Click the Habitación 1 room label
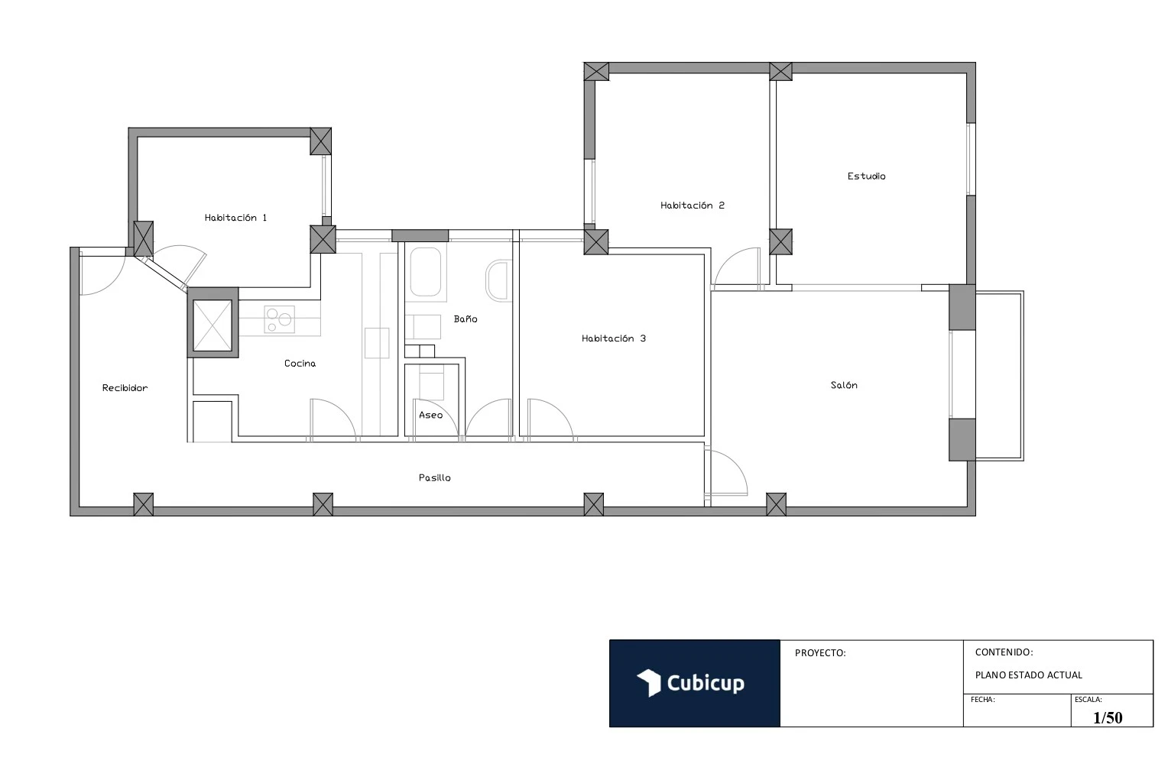click(235, 218)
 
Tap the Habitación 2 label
click(692, 205)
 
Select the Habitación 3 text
click(613, 338)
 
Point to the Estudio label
click(866, 176)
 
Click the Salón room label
click(844, 386)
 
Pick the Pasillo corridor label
click(434, 478)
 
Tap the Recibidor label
click(125, 388)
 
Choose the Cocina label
click(300, 364)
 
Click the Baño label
click(465, 319)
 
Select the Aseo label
click(430, 416)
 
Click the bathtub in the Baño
click(426, 272)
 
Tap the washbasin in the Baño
click(498, 280)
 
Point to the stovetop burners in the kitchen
click(279, 319)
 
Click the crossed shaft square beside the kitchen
click(213, 323)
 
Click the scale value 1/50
click(1108, 717)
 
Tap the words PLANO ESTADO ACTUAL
click(1028, 675)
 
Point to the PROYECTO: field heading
click(820, 653)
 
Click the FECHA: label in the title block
click(982, 700)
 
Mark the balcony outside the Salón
click(999, 376)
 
